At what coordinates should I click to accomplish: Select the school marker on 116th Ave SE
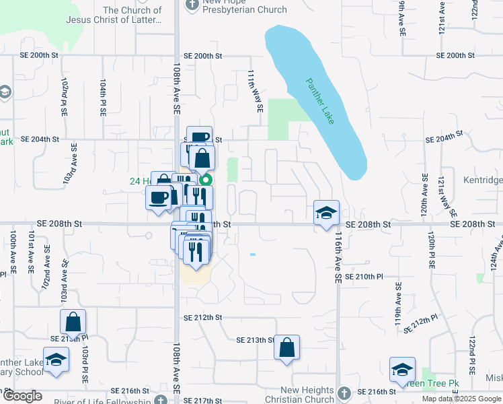tap(326, 213)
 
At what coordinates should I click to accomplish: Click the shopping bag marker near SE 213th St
tap(287, 348)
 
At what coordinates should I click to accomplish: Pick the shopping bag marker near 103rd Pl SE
tap(73, 323)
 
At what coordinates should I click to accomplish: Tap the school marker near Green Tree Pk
tap(402, 370)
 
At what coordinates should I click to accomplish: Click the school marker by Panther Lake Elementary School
tap(56, 360)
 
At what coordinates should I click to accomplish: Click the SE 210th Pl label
tap(363, 277)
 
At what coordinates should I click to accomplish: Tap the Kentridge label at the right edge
tap(483, 180)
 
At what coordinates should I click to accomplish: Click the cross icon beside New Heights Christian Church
tap(344, 392)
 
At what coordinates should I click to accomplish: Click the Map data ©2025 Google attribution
tap(461, 399)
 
